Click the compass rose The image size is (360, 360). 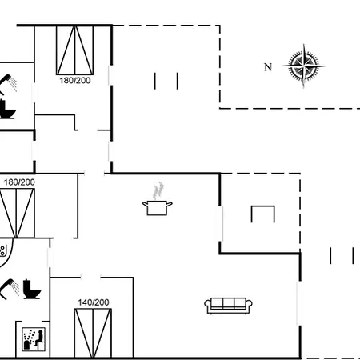(304, 66)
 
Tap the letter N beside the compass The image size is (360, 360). (268, 67)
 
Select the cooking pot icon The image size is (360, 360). (158, 208)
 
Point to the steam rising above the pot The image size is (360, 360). (158, 190)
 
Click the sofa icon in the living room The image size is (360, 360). (228, 306)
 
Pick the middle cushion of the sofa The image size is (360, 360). (228, 303)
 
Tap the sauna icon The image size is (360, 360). (34, 339)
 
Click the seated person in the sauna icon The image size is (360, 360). (39, 338)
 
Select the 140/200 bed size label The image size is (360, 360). (94, 302)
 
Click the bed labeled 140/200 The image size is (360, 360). (93, 333)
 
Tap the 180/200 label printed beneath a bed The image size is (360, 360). (75, 81)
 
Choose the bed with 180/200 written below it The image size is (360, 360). (75, 50)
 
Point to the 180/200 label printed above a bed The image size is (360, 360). (19, 182)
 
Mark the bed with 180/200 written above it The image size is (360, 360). (17, 213)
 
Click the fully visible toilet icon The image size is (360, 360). (31, 289)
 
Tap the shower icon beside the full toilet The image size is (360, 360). (10, 288)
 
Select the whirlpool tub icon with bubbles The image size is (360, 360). (6, 252)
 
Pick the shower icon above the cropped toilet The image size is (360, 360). (8, 83)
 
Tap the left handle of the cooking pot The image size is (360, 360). (145, 205)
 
